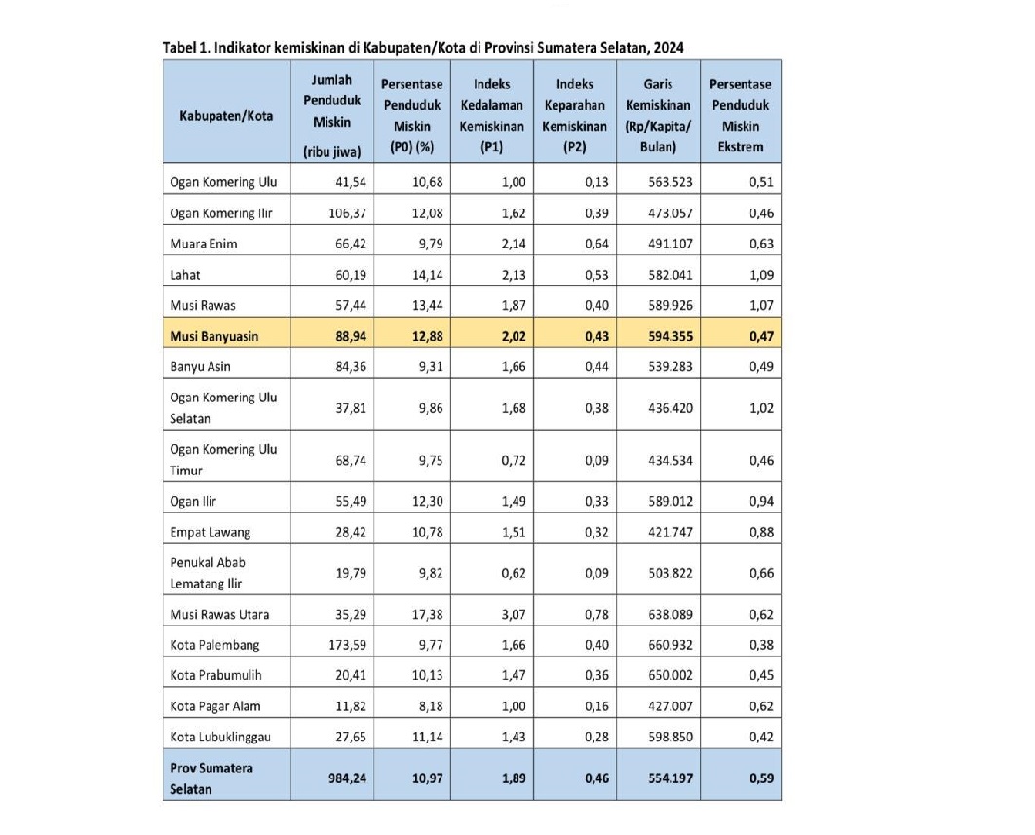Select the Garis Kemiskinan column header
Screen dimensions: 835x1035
pos(658,115)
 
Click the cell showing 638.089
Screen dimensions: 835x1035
pos(670,614)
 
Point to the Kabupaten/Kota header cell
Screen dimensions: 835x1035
pos(227,115)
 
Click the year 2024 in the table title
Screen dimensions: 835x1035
pos(677,47)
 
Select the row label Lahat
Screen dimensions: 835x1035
pos(185,275)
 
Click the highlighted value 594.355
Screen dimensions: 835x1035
pos(670,336)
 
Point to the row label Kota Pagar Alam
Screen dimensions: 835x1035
pos(215,706)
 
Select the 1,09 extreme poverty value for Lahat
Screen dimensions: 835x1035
pos(761,275)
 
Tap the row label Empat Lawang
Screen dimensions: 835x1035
pos(211,533)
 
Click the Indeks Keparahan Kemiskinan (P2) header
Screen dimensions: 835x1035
pos(574,115)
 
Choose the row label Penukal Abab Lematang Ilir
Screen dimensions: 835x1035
pos(207,573)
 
